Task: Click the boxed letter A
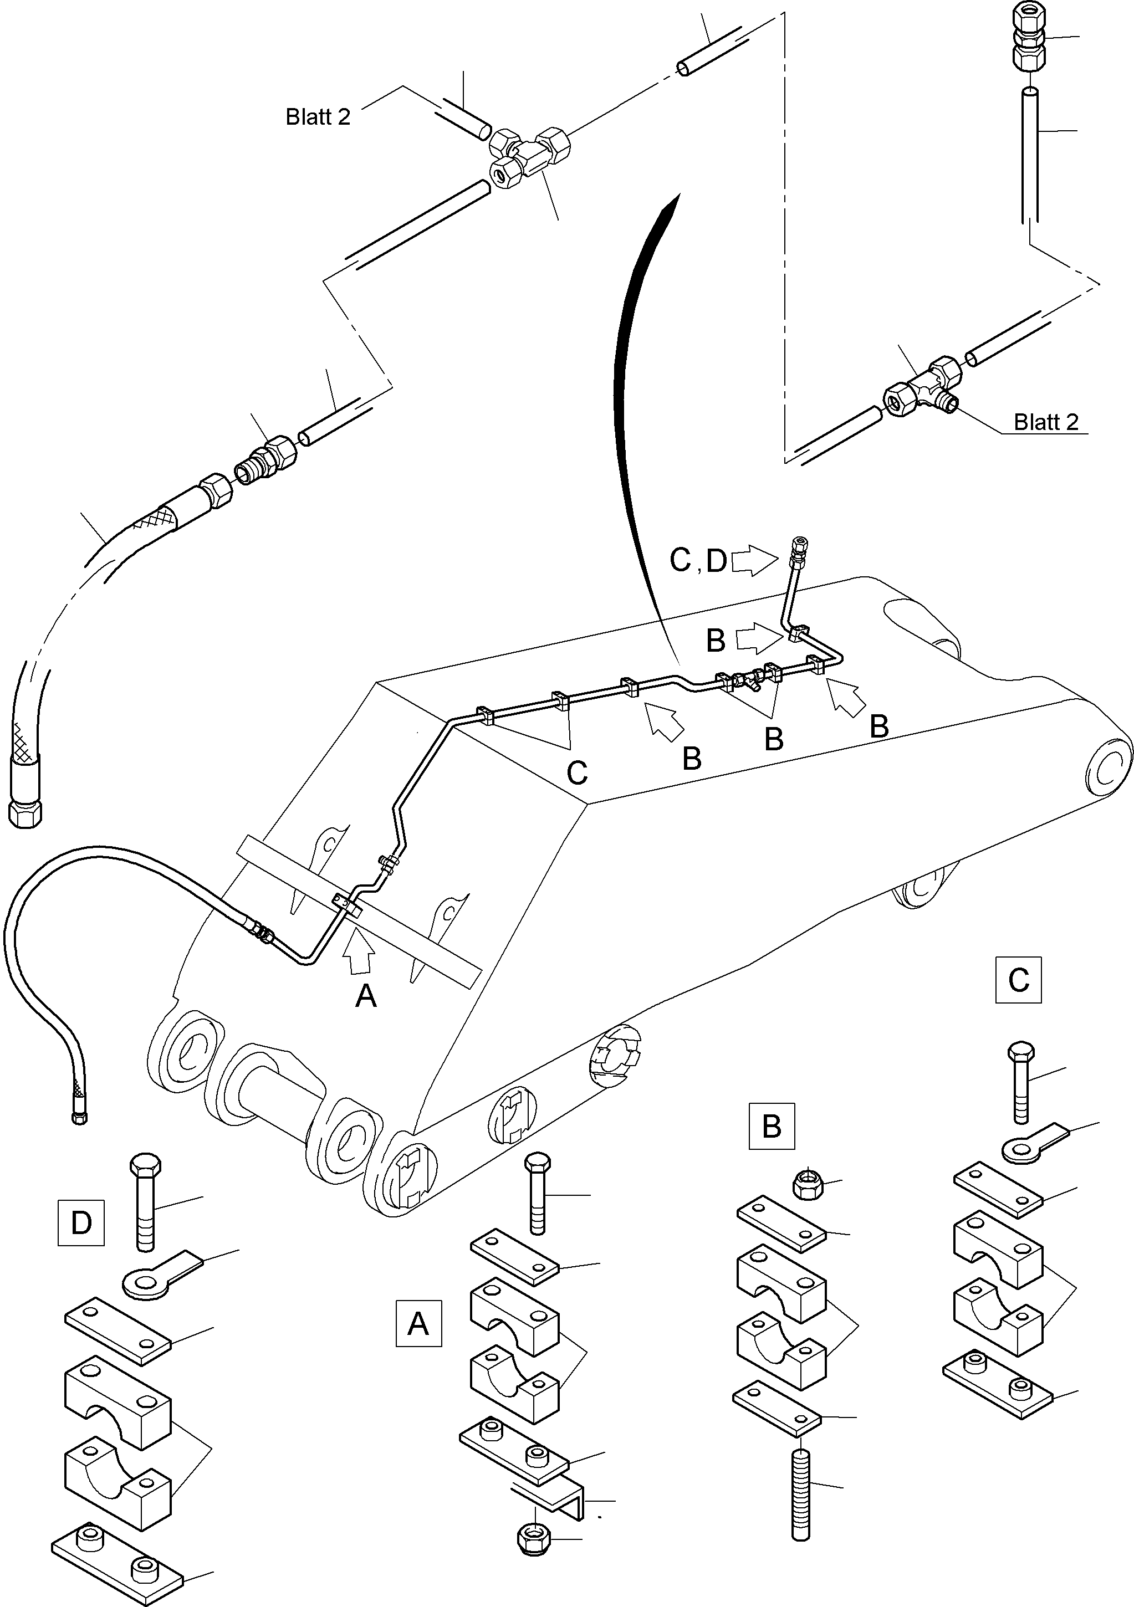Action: pyautogui.click(x=418, y=1323)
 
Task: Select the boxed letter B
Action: pyautogui.click(x=772, y=1126)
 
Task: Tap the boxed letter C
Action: pyautogui.click(x=1019, y=980)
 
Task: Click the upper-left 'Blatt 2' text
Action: pyautogui.click(x=318, y=116)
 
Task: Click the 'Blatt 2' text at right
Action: pyautogui.click(x=1046, y=422)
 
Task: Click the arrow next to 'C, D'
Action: pyautogui.click(x=754, y=561)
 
